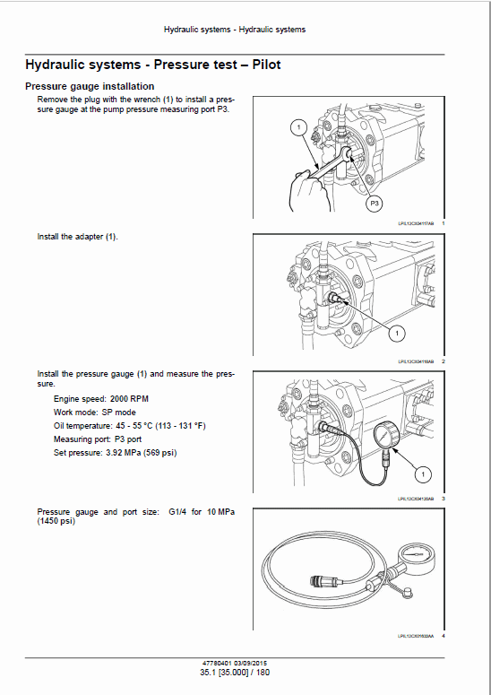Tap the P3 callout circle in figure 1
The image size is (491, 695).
pyautogui.click(x=375, y=204)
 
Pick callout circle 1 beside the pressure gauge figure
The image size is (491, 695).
pyautogui.click(x=423, y=473)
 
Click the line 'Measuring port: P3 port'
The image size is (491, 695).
pyautogui.click(x=97, y=439)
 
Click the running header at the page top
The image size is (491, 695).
pyautogui.click(x=235, y=30)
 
